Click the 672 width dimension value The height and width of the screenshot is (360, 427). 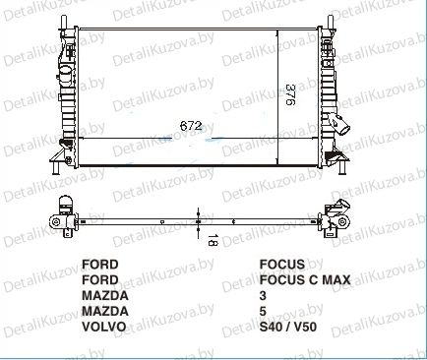tap(191, 126)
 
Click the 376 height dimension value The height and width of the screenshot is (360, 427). tap(290, 95)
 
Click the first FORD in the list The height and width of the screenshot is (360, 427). tap(99, 265)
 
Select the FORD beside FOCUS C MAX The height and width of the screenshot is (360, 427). tap(99, 280)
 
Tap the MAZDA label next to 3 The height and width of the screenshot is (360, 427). tap(105, 295)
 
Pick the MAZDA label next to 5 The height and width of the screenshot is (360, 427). tap(105, 311)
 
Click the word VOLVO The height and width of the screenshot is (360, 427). tap(103, 327)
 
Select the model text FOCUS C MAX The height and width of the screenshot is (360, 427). tap(305, 280)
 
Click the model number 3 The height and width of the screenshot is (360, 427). tap(263, 295)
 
